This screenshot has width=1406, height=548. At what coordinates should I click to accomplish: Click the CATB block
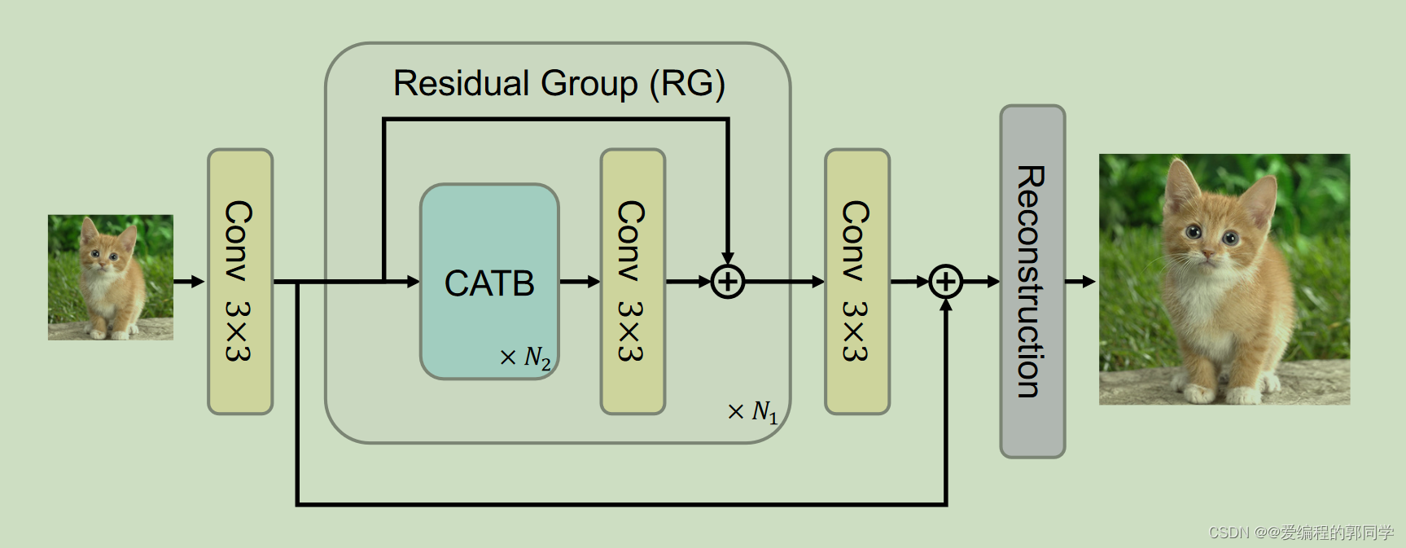pos(489,282)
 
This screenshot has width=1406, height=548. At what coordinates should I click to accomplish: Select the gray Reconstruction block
pos(1032,282)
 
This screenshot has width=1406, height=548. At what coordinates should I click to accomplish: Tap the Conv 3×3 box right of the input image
pos(240,282)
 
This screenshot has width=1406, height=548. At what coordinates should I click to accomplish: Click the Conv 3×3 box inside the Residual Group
pos(633,282)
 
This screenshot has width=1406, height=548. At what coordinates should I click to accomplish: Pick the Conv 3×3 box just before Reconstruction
pos(857,282)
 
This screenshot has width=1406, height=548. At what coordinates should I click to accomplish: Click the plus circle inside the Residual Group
pos(728,282)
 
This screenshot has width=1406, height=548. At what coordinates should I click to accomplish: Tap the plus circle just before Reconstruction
pos(946,282)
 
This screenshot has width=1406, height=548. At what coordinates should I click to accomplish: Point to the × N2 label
pos(526,357)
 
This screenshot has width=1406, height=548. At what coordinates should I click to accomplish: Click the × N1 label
pos(753,412)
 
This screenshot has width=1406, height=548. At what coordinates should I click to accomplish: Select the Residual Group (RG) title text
pos(558,84)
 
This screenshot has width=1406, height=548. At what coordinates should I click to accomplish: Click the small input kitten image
pos(111,277)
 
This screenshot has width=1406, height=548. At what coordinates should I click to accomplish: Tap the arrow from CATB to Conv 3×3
pos(580,282)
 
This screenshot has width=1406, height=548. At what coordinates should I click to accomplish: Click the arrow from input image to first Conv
pos(189,282)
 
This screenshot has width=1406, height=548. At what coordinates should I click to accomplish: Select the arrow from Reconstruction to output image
pos(1080,282)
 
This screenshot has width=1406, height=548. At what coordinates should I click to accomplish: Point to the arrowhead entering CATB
pos(413,282)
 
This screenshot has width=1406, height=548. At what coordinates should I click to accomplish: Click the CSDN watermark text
pos(1301,533)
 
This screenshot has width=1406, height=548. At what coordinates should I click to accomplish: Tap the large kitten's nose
pos(1207,256)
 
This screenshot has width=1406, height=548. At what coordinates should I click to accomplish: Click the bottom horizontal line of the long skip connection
pos(619,504)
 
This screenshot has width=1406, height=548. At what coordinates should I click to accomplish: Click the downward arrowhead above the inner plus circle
pos(728,259)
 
